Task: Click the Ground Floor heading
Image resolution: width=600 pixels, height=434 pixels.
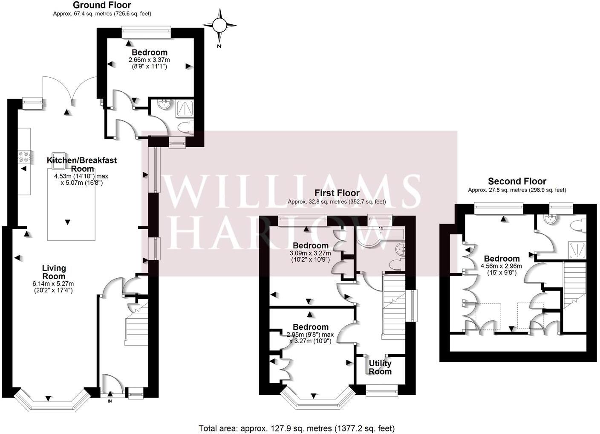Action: coord(102,5)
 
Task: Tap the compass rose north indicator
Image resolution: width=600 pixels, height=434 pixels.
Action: coord(219,26)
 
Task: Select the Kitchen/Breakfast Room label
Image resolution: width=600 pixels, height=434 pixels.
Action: coord(82,164)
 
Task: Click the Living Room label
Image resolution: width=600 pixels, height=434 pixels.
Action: coord(54,272)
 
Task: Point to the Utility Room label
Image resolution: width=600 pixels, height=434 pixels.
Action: coord(380,367)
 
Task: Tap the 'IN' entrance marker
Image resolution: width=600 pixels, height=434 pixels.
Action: coord(110,401)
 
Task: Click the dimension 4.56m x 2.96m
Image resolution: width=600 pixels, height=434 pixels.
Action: coord(501,266)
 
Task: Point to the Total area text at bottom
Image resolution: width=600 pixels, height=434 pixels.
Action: coord(297,428)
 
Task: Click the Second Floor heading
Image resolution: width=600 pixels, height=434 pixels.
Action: coord(517,181)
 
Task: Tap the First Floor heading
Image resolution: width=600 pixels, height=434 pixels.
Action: coord(337,193)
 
